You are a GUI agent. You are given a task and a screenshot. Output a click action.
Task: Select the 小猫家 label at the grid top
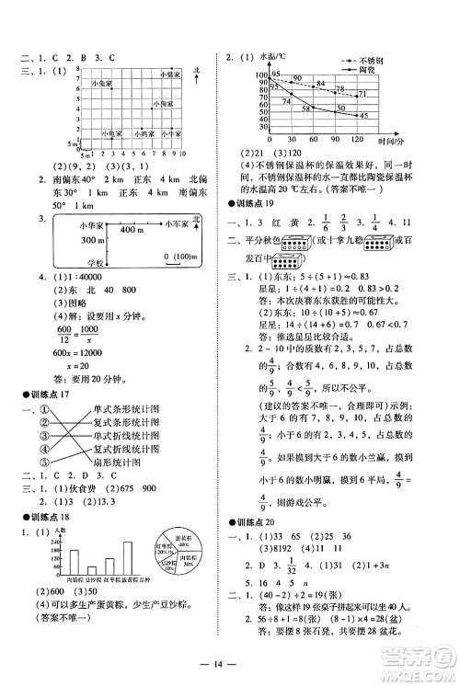[172, 73]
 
